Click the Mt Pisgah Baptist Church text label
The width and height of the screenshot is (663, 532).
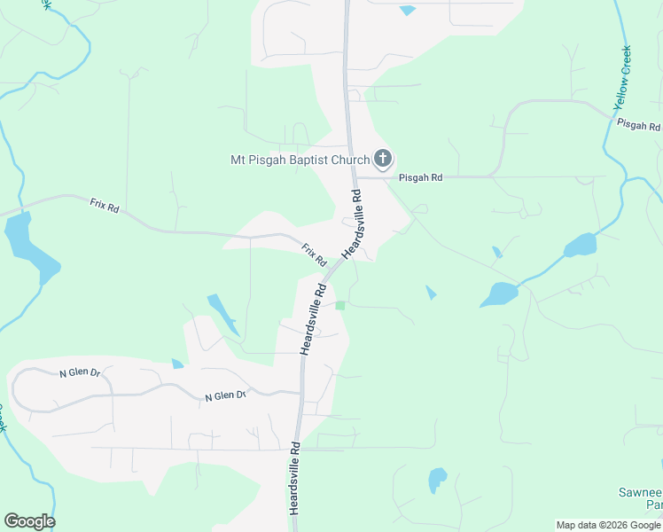[300, 160]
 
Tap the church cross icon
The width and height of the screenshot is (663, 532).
[383, 160]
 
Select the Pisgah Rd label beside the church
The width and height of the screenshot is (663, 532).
[420, 177]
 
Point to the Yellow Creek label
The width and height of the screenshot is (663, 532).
[623, 78]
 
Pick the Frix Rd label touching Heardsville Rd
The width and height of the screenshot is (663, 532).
[314, 255]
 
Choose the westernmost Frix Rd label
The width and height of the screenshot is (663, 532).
[104, 205]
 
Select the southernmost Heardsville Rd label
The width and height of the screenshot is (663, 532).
[295, 480]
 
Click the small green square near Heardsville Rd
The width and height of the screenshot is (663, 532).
[340, 305]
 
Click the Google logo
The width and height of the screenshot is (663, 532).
[29, 521]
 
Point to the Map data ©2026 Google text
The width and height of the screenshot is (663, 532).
[608, 525]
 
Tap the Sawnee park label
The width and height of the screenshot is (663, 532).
[641, 498]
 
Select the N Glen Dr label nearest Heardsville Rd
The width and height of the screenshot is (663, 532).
[225, 396]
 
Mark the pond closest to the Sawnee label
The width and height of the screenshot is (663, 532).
[437, 480]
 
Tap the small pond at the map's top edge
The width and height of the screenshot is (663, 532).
[407, 11]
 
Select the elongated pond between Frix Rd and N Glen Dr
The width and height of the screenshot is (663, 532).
[222, 313]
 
